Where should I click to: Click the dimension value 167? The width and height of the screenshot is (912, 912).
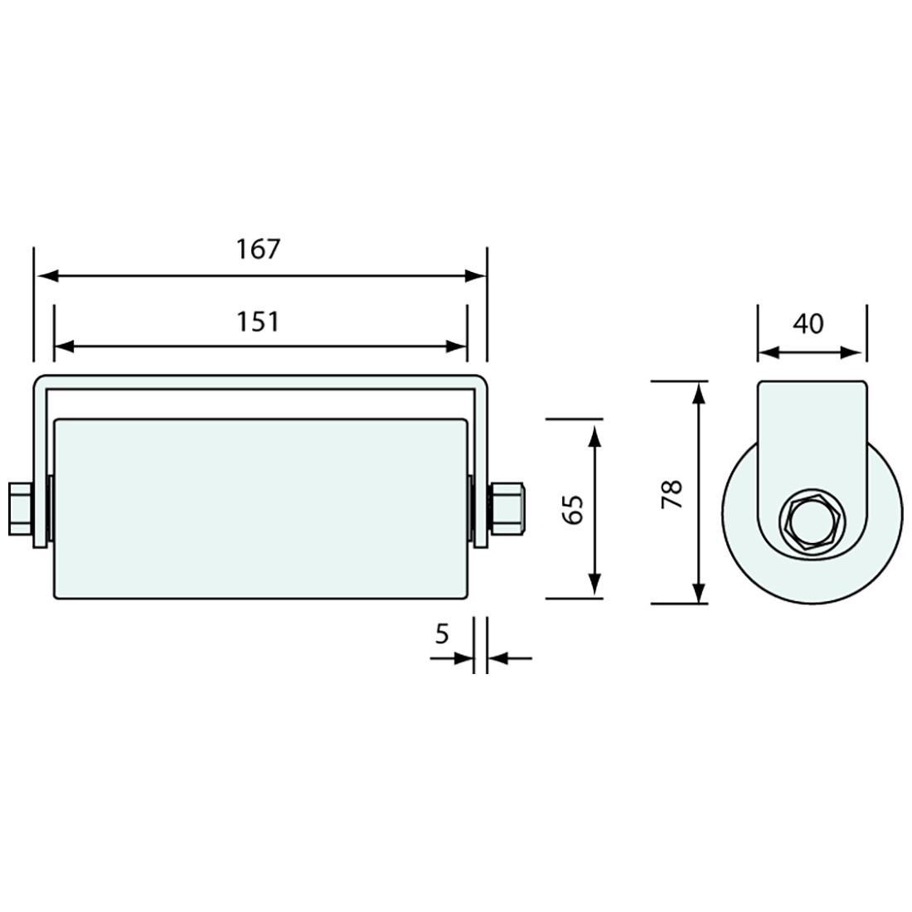coord(259,249)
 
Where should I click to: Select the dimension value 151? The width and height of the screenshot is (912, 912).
coord(259,321)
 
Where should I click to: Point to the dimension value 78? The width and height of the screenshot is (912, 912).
coord(672,494)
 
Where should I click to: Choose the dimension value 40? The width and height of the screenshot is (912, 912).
coord(808,323)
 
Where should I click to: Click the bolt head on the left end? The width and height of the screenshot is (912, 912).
coord(20,509)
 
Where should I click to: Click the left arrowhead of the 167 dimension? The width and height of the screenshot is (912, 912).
coord(45,276)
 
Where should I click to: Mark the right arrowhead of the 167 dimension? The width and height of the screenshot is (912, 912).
coord(476,276)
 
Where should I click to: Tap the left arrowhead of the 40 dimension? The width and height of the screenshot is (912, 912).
coord(769,352)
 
